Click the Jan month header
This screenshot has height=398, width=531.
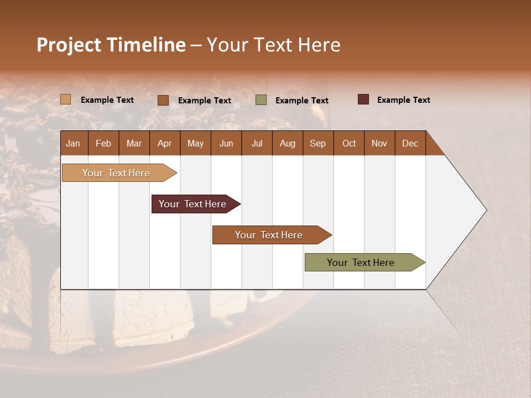(73, 143)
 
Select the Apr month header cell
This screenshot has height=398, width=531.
(164, 143)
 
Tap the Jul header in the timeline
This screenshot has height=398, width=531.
(257, 143)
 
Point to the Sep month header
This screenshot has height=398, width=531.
(317, 143)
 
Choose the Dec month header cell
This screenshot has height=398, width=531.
(410, 143)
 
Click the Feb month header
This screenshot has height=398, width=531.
(103, 143)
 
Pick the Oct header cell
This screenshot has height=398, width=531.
(349, 143)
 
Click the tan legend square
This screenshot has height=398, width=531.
(66, 99)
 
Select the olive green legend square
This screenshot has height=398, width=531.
(261, 100)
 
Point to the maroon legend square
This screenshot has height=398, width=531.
(363, 99)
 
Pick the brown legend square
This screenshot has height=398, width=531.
(163, 100)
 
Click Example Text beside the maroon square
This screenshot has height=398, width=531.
(403, 100)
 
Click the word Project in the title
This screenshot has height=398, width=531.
(69, 45)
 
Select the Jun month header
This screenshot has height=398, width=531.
(226, 143)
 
